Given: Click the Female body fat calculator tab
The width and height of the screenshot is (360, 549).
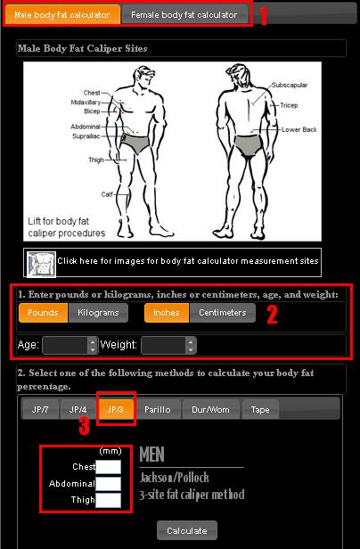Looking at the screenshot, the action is pyautogui.click(x=184, y=14).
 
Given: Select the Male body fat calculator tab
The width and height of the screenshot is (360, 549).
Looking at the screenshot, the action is pyautogui.click(x=62, y=14).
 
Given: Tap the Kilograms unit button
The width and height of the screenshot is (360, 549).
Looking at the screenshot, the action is pyautogui.click(x=98, y=312).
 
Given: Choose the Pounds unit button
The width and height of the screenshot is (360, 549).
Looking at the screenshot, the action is pyautogui.click(x=43, y=312).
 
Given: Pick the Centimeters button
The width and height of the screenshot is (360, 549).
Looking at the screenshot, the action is pyautogui.click(x=223, y=312).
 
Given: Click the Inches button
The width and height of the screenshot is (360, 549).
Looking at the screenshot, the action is pyautogui.click(x=167, y=312).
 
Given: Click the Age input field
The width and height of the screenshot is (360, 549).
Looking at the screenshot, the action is pyautogui.click(x=70, y=345).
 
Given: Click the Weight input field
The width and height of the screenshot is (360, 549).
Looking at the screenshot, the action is pyautogui.click(x=168, y=345).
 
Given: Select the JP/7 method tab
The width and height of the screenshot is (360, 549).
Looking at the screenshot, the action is pyautogui.click(x=40, y=409).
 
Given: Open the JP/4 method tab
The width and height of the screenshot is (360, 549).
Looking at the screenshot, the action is pyautogui.click(x=78, y=409).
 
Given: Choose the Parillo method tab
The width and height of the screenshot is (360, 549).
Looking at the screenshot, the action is pyautogui.click(x=158, y=409).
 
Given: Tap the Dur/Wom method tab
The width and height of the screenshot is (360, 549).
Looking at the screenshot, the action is pyautogui.click(x=211, y=409).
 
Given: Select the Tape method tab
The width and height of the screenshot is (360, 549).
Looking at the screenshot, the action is pyautogui.click(x=260, y=409).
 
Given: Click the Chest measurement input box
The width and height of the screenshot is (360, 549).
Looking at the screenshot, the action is pyautogui.click(x=109, y=467).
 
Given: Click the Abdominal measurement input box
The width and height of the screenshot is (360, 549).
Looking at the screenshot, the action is pyautogui.click(x=109, y=484).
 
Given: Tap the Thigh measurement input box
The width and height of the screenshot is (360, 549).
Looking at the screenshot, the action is pyautogui.click(x=109, y=500).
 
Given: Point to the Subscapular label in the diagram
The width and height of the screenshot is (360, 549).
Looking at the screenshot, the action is pyautogui.click(x=290, y=85).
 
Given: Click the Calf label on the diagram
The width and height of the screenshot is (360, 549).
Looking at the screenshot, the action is pyautogui.click(x=107, y=194).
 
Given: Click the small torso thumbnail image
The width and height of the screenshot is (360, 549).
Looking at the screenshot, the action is pyautogui.click(x=41, y=264).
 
